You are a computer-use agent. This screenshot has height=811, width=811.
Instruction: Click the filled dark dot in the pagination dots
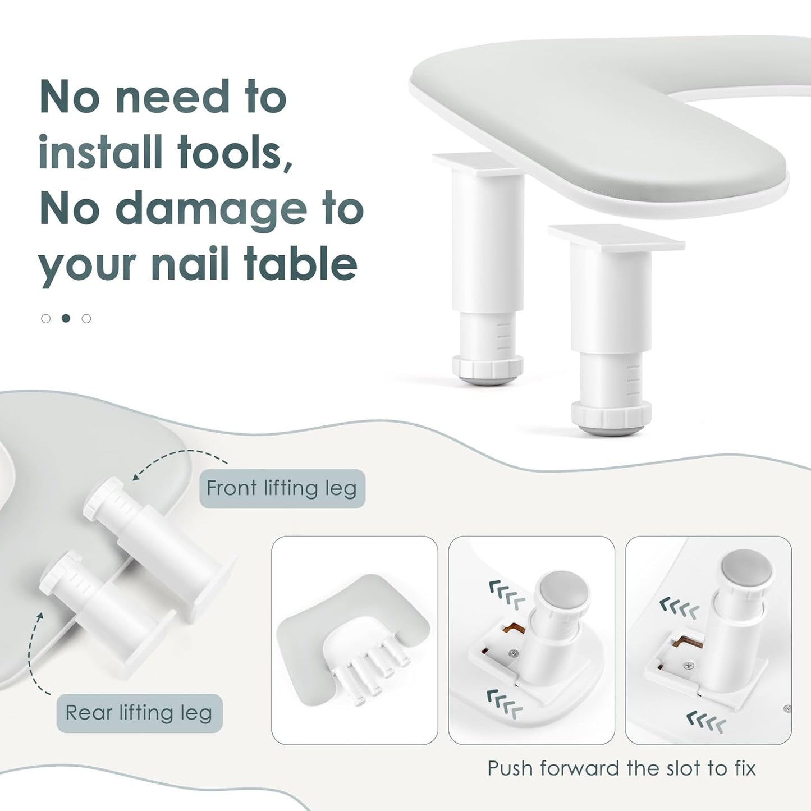coord(66,318)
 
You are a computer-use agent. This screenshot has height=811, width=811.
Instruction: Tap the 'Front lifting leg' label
coord(282,489)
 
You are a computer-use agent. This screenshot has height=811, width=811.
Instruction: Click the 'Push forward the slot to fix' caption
coord(621,768)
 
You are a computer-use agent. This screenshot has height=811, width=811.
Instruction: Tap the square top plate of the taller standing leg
coord(616,239)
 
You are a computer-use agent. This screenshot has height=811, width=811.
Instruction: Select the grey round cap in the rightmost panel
coord(747,569)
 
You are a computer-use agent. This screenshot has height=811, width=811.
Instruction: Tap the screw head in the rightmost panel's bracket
coord(689,666)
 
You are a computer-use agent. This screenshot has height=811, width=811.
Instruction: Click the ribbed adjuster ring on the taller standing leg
coord(611,413)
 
